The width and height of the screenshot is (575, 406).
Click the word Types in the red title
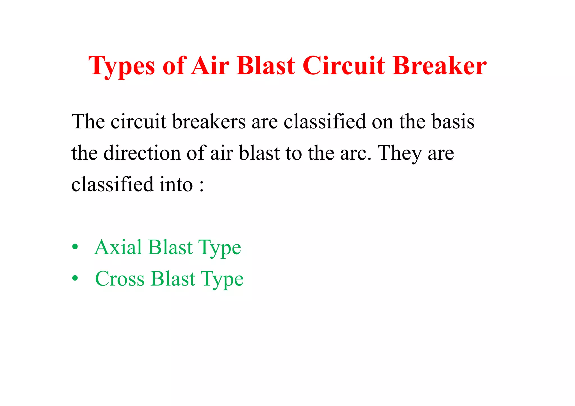coord(121,66)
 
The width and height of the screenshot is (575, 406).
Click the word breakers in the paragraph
coord(209,122)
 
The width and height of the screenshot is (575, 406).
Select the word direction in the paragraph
coord(142,153)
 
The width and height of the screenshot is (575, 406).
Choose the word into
coord(176,185)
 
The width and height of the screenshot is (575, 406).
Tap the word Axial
coord(118,247)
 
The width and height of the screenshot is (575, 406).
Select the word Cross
coord(120,279)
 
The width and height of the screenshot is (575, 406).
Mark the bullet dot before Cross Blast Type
coord(75,279)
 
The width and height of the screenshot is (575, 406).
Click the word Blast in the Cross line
coord(173,279)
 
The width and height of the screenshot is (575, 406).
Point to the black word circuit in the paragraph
coord(138,122)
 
